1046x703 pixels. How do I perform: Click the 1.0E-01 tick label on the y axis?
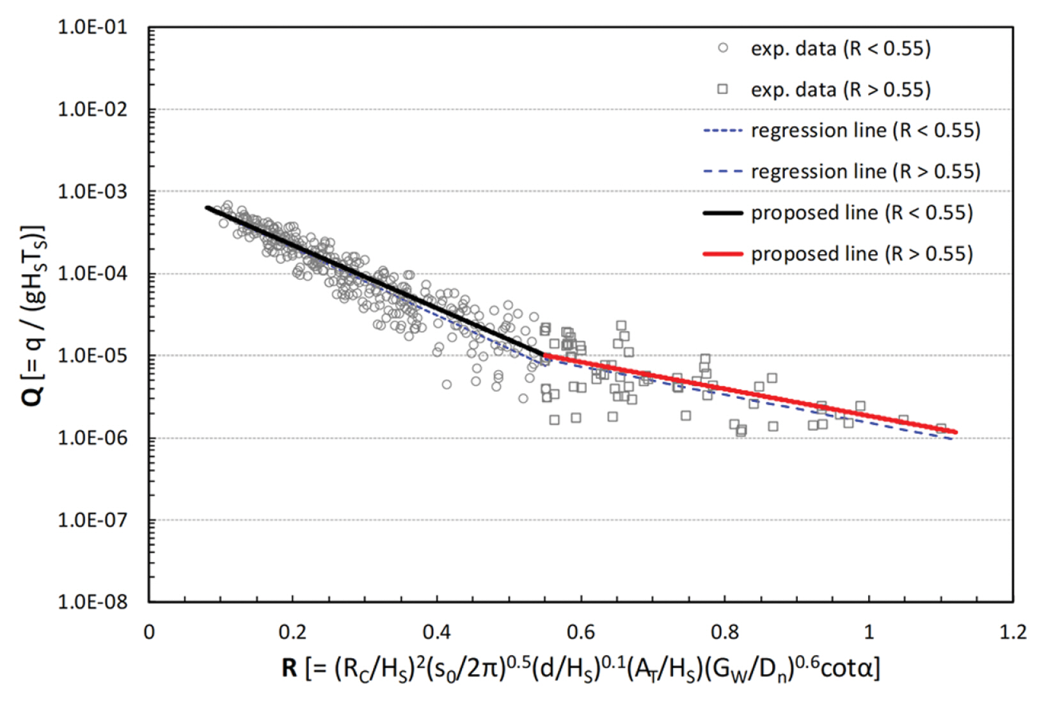93,28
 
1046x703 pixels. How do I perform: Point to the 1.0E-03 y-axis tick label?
93,191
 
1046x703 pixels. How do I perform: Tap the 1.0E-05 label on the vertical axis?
93,355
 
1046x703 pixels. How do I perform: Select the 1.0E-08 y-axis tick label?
93,602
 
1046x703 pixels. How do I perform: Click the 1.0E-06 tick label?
93,438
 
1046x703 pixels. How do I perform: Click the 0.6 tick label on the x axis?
580,633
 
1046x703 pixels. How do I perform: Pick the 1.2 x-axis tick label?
1012,633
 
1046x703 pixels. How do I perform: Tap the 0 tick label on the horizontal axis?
149,633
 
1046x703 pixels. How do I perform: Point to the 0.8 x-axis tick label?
724,633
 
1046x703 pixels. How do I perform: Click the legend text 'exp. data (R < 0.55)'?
841,49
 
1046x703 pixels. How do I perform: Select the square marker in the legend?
723,89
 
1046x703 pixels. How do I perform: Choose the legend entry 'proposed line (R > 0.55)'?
862,254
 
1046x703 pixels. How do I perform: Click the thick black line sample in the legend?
723,213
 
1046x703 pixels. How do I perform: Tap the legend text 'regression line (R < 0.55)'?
866,131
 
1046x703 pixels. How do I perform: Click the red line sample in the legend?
723,254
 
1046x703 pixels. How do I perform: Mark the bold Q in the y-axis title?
33,396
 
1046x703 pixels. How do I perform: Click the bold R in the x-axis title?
289,668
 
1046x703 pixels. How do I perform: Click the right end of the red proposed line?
956,432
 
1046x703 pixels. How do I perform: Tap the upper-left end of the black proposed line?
207,207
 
